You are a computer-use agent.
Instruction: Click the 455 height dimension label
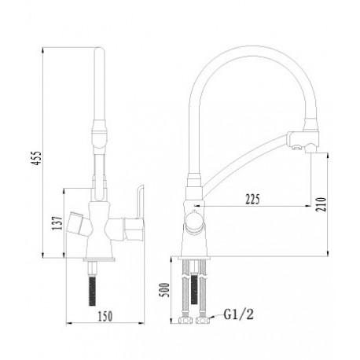(x=37, y=158)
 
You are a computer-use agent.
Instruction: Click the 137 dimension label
(x=57, y=223)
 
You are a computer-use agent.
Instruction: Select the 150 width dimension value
(x=105, y=316)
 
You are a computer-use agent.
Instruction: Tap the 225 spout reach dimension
(x=252, y=200)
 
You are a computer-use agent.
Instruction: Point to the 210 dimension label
(x=321, y=204)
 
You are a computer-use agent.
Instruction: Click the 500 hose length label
(x=165, y=290)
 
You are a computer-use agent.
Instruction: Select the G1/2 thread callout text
(x=239, y=314)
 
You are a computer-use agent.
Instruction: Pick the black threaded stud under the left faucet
(x=92, y=291)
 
